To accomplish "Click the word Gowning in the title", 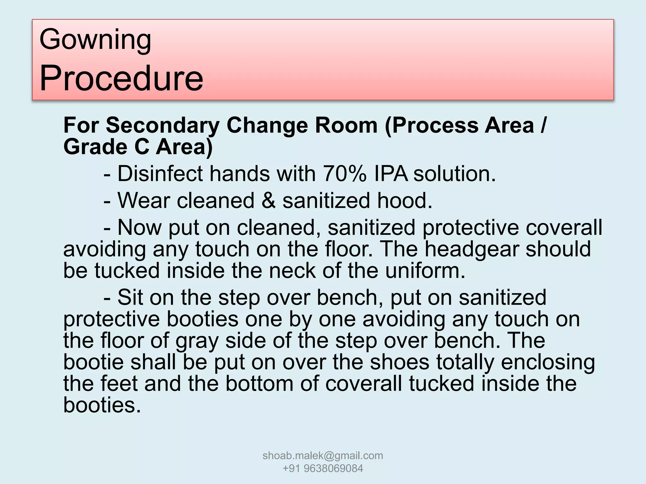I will [x=95, y=40].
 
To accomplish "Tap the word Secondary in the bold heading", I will [x=162, y=125].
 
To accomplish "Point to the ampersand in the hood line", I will [x=268, y=201].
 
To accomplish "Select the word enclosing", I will [x=548, y=362].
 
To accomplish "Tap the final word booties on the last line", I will [x=102, y=405].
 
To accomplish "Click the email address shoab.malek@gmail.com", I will [x=323, y=456].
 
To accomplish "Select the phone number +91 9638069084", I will [x=323, y=469].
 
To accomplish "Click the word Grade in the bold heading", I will [x=95, y=147].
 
